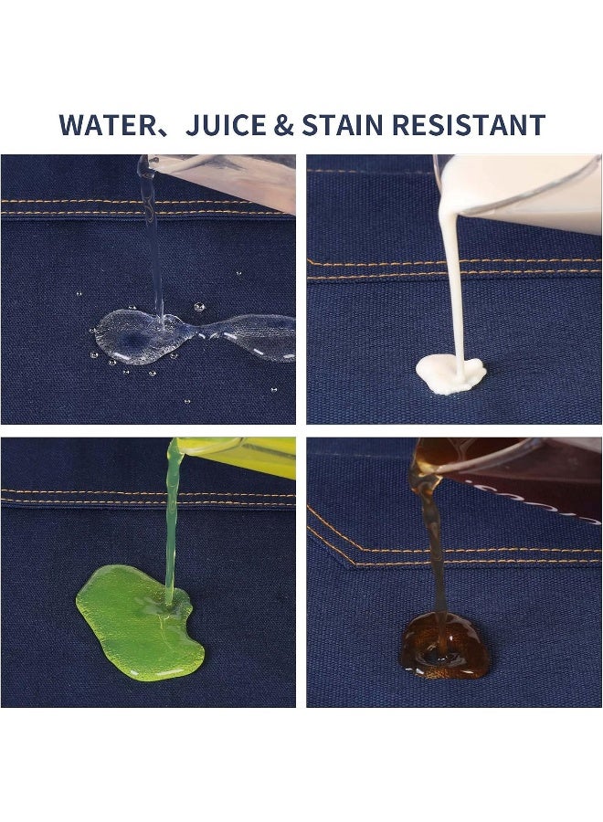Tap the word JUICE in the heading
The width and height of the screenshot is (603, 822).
pyautogui.click(x=226, y=125)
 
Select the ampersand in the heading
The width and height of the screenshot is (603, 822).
pyautogui.click(x=283, y=125)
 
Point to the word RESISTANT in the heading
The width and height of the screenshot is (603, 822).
pyautogui.click(x=469, y=125)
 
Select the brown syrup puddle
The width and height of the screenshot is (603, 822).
pyautogui.click(x=445, y=646)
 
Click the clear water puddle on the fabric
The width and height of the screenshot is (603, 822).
pyautogui.click(x=194, y=336)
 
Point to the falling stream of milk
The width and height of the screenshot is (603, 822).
pyautogui.click(x=452, y=283)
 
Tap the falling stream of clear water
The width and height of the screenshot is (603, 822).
pyautogui.click(x=154, y=247)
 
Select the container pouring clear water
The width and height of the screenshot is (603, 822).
pyautogui.click(x=223, y=181)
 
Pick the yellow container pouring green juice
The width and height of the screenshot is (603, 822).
pyautogui.click(x=236, y=456)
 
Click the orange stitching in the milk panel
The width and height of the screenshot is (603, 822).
pyautogui.click(x=454, y=268)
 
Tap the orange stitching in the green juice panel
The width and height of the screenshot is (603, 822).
pyautogui.click(x=148, y=497)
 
